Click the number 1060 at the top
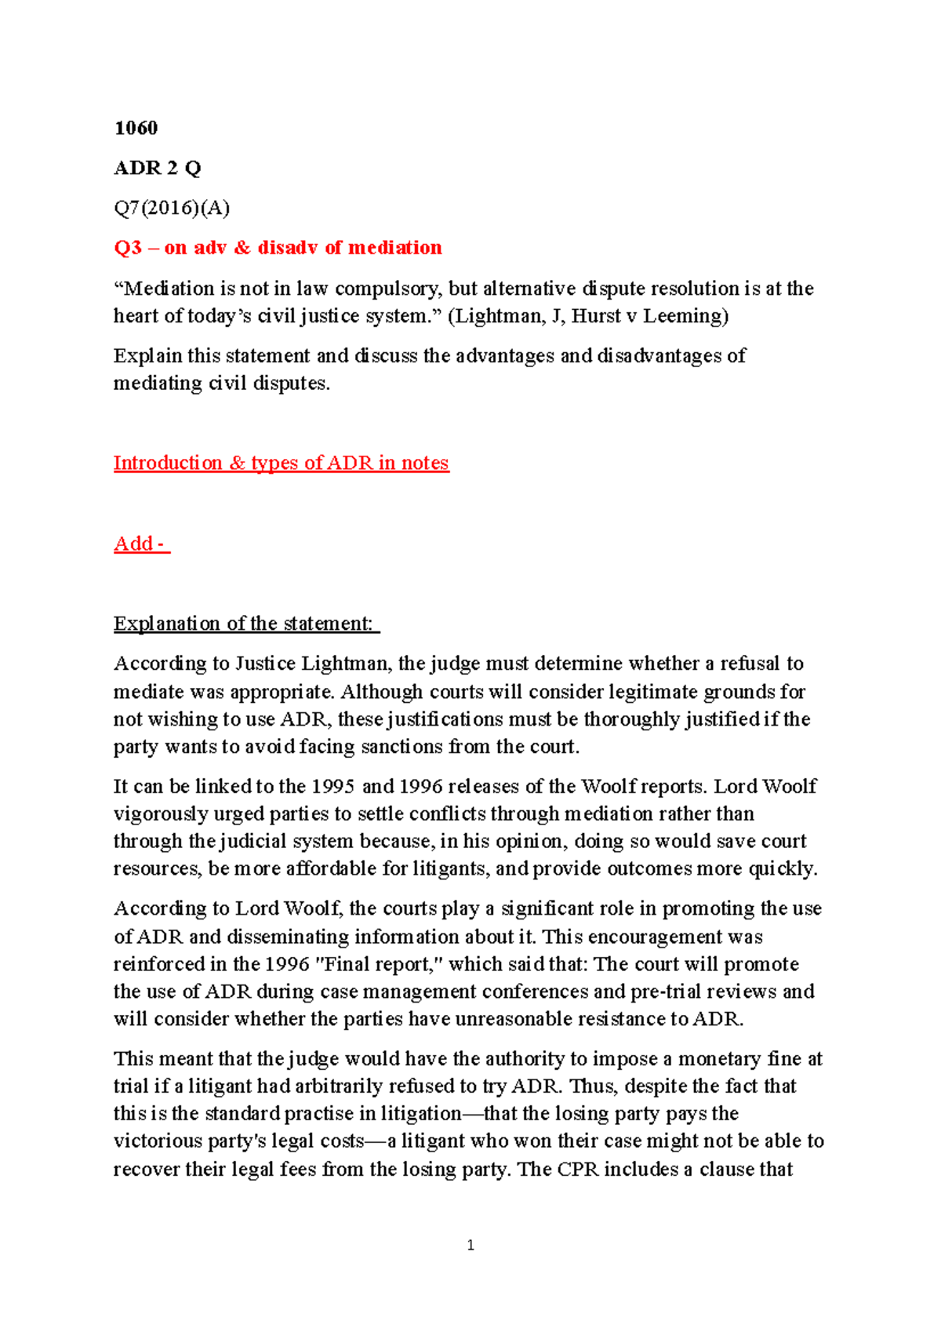tap(136, 128)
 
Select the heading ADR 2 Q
tap(157, 168)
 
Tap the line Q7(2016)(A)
tap(172, 208)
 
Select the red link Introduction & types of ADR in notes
tap(281, 463)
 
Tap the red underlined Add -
tap(141, 544)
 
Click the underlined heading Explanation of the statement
tap(245, 624)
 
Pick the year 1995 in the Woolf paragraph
tap(333, 787)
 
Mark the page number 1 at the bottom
tap(470, 1246)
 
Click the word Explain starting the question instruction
tap(147, 356)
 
